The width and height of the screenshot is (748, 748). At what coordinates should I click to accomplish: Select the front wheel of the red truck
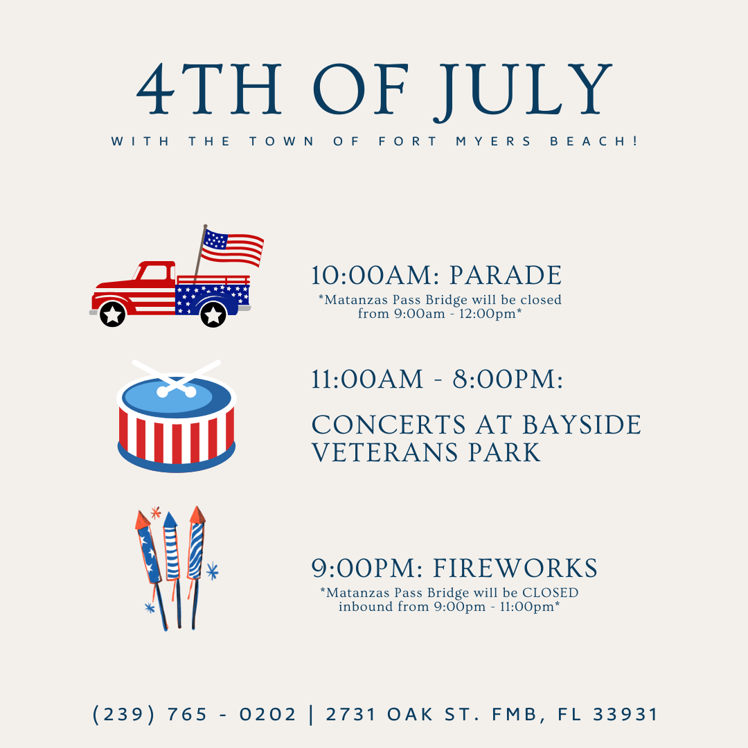[x=113, y=314]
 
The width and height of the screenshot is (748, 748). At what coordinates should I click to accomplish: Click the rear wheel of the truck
[x=213, y=314]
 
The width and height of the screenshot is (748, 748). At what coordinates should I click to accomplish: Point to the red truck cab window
[x=158, y=273]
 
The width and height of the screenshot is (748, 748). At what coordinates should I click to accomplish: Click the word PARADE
[x=506, y=276]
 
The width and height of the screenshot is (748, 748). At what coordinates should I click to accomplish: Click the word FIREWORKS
[x=515, y=569]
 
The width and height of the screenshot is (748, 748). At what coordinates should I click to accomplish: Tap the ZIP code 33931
[x=625, y=714]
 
